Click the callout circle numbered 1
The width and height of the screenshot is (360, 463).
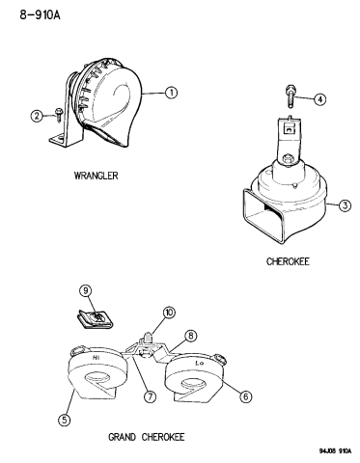(171, 93)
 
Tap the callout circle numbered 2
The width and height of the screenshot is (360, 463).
(37, 116)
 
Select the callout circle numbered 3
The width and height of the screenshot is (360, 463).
(345, 204)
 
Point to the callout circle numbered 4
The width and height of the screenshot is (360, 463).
(319, 99)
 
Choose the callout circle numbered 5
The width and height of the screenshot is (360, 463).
(65, 420)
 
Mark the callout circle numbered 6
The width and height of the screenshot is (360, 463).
(245, 396)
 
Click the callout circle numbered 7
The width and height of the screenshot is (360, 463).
(150, 396)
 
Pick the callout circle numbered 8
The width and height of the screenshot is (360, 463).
(191, 336)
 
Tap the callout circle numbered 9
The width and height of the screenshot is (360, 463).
(86, 291)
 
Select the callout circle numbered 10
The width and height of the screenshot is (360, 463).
(169, 313)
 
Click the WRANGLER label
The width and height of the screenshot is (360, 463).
(96, 176)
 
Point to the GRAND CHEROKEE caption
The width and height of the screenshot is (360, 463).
(147, 437)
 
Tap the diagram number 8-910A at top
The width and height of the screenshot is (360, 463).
(41, 14)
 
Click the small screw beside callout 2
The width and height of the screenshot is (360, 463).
(59, 115)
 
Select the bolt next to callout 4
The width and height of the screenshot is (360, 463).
(290, 96)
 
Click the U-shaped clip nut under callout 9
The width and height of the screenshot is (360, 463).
(95, 320)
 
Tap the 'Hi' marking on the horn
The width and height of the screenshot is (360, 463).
(96, 357)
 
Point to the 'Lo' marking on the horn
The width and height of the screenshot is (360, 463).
(200, 364)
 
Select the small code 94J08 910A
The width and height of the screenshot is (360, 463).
(335, 450)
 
